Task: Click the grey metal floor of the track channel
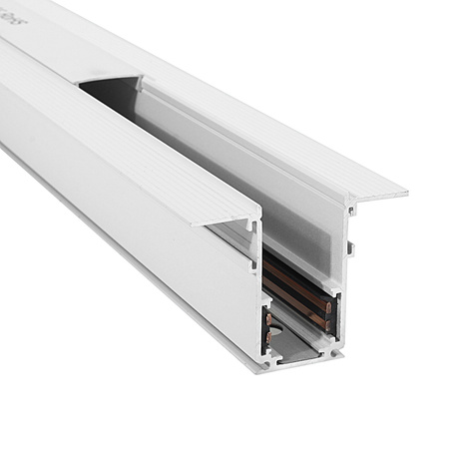299,344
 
